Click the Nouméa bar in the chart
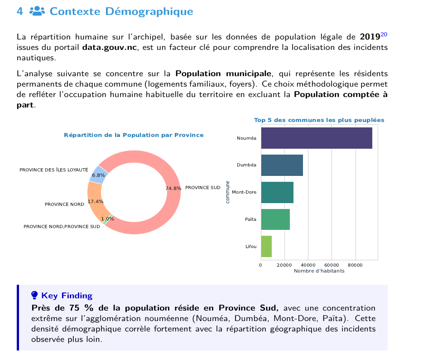(317, 138)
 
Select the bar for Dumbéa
(282, 165)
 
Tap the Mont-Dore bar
(277, 192)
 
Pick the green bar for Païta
(275, 219)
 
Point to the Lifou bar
(266, 246)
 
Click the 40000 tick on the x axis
(308, 265)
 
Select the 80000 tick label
(355, 265)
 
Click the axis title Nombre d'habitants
(319, 271)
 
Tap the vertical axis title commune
(227, 192)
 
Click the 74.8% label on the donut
(173, 188)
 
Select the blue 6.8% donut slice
(99, 175)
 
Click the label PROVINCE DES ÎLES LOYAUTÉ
(54, 170)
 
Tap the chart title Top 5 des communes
(319, 120)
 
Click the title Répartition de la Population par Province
(134, 135)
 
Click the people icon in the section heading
(37, 11)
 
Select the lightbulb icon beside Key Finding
(34, 295)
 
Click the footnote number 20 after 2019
(384, 34)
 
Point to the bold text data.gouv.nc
(110, 47)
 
